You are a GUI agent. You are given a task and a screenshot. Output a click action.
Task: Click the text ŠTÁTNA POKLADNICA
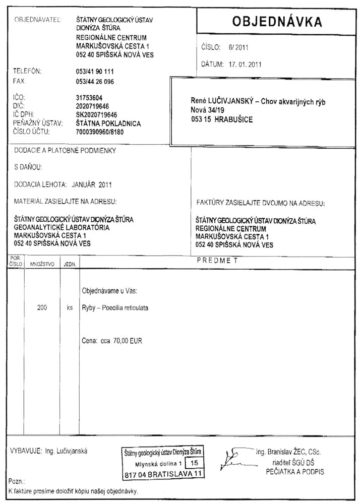pos(108,123)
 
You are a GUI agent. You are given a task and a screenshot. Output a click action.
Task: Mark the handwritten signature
pos(236,457)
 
